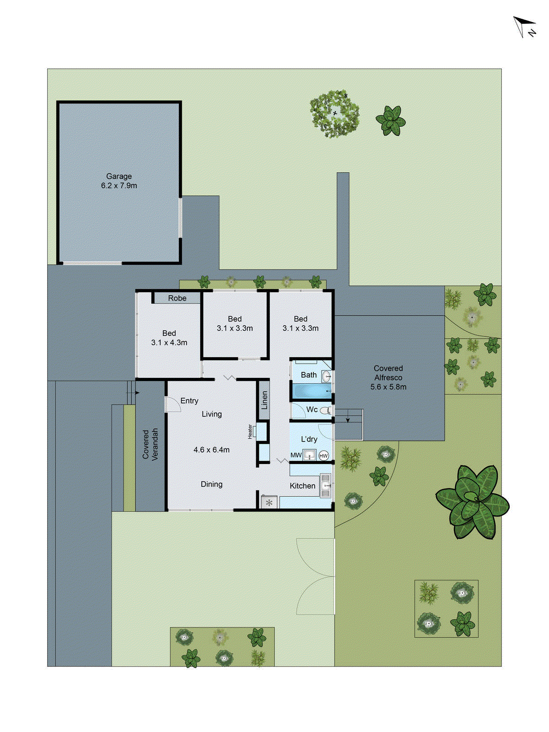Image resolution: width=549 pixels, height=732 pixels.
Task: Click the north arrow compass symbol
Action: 524,27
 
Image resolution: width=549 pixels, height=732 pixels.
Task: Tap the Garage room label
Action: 119,176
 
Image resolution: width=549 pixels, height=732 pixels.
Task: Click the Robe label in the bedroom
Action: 177,298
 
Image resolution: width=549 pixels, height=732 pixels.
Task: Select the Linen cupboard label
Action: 264,400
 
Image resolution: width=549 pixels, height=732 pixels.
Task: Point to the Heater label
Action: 250,431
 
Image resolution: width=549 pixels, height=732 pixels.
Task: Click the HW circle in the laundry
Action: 323,456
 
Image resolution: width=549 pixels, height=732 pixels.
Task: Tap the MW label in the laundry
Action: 296,456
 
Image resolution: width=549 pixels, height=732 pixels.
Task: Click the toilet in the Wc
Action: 326,410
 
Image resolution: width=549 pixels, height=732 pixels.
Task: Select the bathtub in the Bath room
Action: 311,392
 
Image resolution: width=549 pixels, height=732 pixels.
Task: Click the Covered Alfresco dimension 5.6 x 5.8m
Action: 388,387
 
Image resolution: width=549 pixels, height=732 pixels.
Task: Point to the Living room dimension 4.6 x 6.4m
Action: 211,450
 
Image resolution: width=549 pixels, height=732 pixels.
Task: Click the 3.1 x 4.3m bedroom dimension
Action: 169,343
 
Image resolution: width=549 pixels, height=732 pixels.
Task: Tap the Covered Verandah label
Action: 150,444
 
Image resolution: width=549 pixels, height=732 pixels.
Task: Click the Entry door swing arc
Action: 172,404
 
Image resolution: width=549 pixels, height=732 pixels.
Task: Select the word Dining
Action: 211,484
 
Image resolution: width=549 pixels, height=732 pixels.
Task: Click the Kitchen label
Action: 302,486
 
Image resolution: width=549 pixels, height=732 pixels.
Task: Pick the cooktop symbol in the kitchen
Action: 269,503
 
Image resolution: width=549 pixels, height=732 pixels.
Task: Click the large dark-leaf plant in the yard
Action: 472,501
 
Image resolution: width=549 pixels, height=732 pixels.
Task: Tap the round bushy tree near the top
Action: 334,113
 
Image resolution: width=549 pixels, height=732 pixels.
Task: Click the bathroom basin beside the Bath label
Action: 327,377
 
